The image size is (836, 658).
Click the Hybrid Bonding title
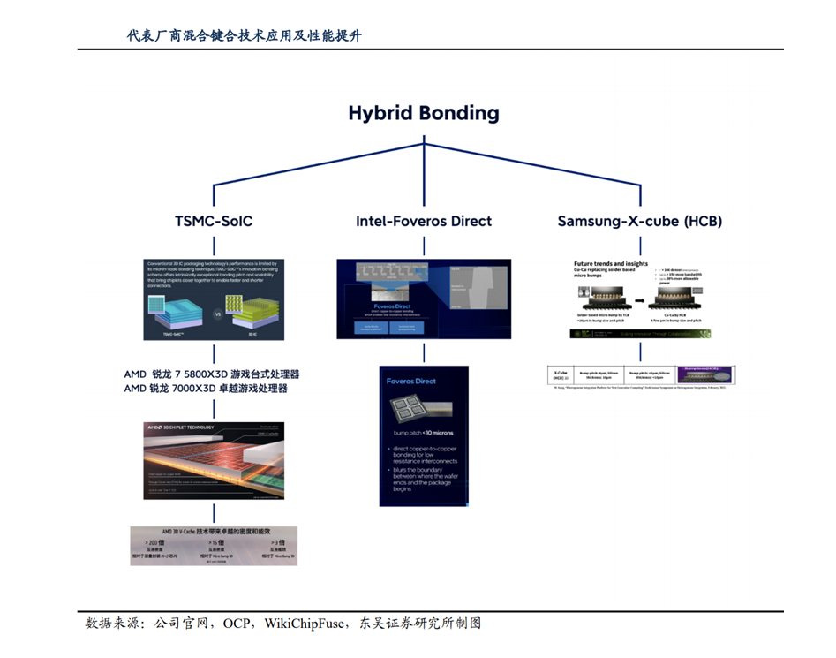pos(423,113)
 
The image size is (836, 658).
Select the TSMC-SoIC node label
pos(214,221)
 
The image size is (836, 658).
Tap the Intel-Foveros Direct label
pos(424,221)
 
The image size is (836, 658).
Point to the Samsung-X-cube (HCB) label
pos(639,221)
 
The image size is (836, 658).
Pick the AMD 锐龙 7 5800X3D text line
pos(212,374)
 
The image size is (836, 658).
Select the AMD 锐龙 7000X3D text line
pos(206,389)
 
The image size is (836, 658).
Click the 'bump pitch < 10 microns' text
pos(423,434)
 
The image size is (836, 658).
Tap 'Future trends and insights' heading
pos(611,263)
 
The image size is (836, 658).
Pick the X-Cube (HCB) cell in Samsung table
pos(560,374)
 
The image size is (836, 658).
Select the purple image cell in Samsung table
pos(705,374)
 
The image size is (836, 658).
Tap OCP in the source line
pos(237,624)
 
